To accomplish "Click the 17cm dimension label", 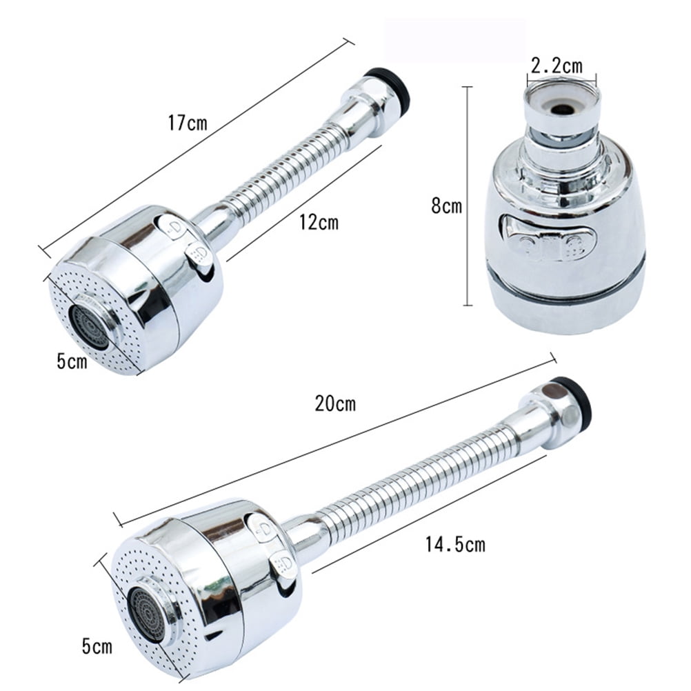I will point(187,123).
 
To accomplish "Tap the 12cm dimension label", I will point(319,223).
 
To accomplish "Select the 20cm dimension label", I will point(335,403).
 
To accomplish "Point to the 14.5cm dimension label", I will point(454,545).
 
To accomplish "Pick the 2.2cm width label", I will point(556,66).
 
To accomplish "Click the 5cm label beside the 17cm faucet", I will point(72,361).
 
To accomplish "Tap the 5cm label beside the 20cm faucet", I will point(97,648).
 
